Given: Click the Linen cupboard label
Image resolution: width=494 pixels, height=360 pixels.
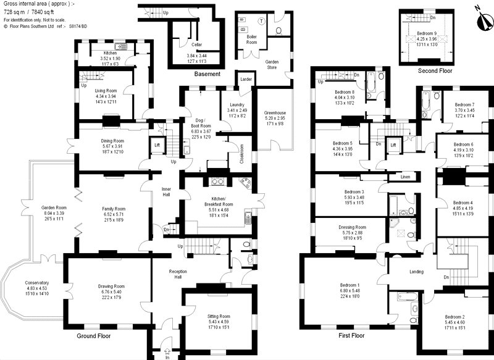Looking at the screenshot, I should tap(405, 177).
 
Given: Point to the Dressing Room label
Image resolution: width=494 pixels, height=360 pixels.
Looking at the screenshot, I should tap(353, 227).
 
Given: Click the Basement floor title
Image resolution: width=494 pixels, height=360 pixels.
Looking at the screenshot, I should tap(207, 74).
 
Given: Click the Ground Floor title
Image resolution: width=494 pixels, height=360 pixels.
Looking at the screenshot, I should tap(93, 336).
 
